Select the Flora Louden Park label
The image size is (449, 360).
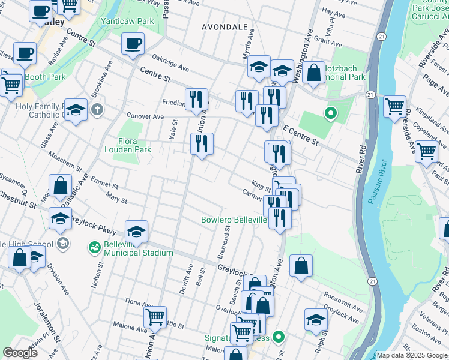[x=127, y=145]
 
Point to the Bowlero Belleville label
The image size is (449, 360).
[x=234, y=220]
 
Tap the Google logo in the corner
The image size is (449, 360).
[x=20, y=352]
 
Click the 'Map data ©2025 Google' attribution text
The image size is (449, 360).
[x=411, y=355]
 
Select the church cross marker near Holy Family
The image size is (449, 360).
[x=97, y=110]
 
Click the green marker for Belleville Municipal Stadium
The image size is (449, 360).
[x=94, y=247]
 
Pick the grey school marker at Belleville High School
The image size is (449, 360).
[x=62, y=244]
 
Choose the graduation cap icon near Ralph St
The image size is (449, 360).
[x=315, y=319]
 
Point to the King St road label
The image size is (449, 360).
[x=261, y=187]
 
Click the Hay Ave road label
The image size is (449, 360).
[x=331, y=11]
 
